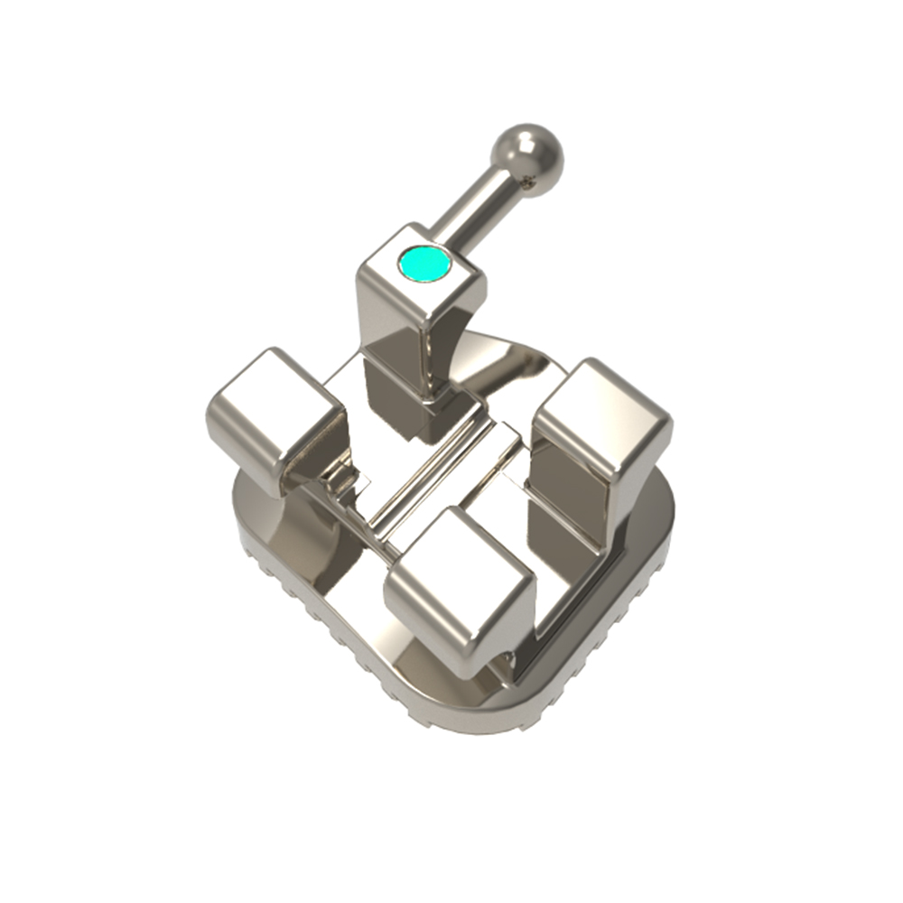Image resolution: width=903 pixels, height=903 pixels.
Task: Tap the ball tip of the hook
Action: (x=527, y=159)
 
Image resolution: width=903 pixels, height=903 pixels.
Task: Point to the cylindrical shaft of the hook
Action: (x=477, y=212)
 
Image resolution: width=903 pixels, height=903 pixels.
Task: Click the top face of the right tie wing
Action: (x=602, y=408)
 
